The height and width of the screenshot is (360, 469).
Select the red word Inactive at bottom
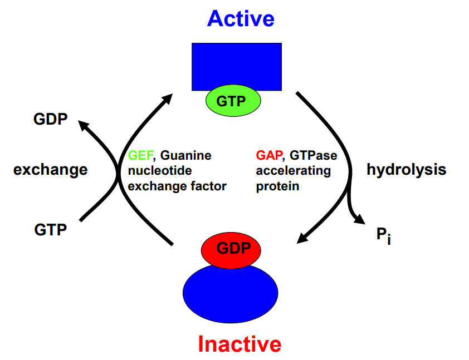(x=240, y=344)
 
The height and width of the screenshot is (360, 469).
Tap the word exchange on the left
(x=50, y=169)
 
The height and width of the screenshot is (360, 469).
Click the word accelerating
(x=294, y=171)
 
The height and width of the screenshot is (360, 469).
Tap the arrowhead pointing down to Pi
(x=357, y=220)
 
